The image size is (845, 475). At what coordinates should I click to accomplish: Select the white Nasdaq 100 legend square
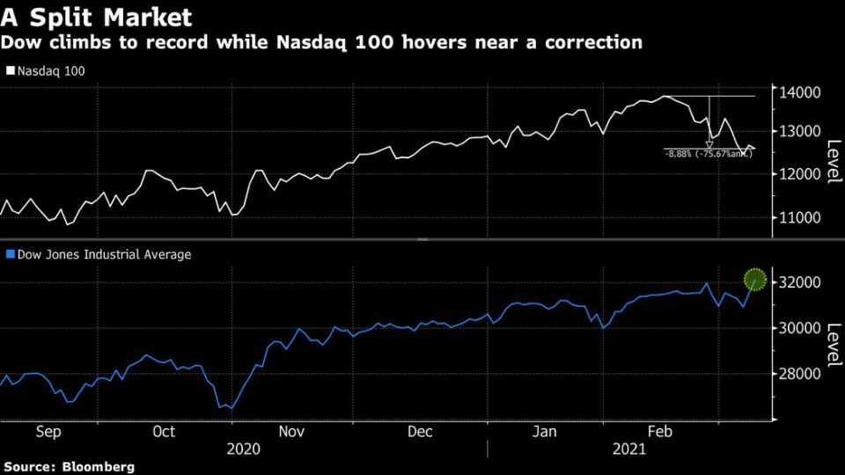pos(10,70)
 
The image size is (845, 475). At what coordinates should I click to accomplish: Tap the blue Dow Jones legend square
pos(10,254)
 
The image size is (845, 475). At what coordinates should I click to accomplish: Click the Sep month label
pos(48,432)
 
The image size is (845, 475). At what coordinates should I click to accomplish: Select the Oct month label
pos(164,432)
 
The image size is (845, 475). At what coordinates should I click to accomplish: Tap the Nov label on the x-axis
pos(291,432)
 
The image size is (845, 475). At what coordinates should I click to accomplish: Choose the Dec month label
pos(420,432)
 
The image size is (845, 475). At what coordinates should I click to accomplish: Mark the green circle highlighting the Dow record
pos(755,280)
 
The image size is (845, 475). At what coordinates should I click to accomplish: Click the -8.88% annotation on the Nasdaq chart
pos(709,153)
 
